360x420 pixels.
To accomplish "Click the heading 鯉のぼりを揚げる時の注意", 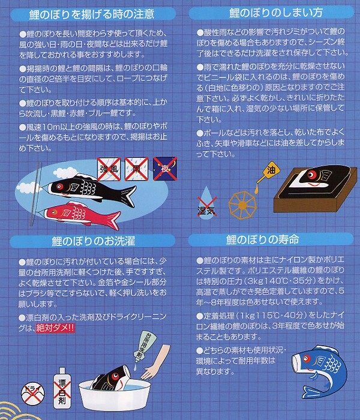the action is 92,14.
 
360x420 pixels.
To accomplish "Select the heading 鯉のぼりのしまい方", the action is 276,13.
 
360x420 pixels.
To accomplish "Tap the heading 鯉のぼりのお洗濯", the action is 93,241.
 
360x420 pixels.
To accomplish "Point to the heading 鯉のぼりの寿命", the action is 263,239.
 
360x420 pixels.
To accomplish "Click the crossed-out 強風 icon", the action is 109,169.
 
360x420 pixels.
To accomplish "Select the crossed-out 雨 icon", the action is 136,169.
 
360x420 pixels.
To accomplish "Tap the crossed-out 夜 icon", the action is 165,169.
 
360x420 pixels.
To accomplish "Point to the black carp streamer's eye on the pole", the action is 59,186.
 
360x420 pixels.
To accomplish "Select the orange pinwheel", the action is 242,205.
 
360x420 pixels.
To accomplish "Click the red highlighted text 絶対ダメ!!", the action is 55,328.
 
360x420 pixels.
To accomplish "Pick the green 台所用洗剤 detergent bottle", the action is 144,346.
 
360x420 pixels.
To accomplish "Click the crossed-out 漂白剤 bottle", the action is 62,388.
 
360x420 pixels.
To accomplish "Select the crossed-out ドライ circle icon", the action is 33,394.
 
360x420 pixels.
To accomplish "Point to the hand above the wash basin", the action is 155,362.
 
